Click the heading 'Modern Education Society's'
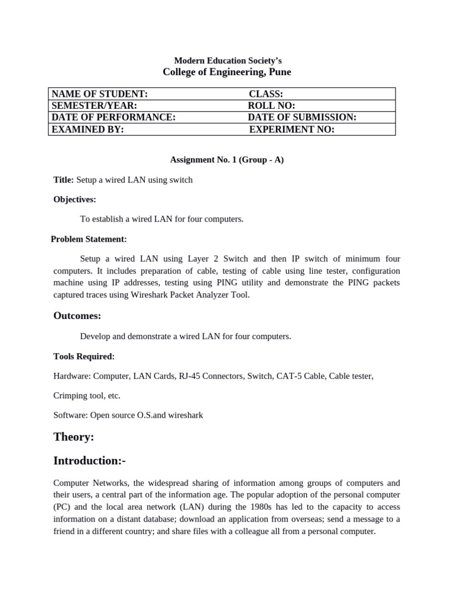click(227, 61)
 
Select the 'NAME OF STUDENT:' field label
click(100, 94)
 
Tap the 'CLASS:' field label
click(266, 94)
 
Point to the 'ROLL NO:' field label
click(272, 105)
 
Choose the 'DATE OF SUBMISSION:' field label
click(302, 117)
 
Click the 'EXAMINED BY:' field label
click(88, 129)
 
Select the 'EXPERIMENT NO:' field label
click(292, 129)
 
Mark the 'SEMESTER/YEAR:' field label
click(95, 105)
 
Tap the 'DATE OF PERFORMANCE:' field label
click(114, 117)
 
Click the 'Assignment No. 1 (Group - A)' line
click(227, 160)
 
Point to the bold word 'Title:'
click(64, 180)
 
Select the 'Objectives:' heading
click(74, 200)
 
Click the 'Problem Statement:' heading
click(89, 239)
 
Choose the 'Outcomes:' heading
click(77, 315)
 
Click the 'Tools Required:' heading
click(84, 356)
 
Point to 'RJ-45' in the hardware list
click(190, 376)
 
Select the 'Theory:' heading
click(74, 437)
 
